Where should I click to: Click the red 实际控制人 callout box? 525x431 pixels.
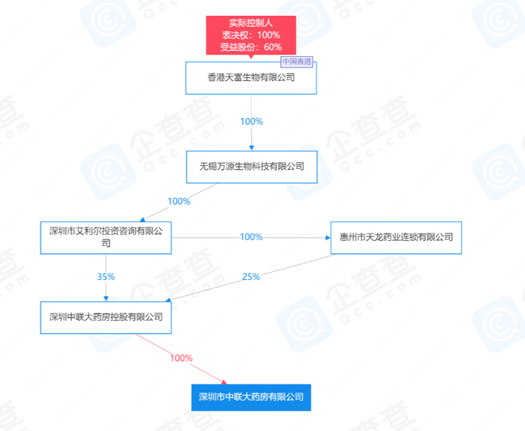pyautogui.click(x=250, y=35)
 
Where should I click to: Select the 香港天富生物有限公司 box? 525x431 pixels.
pyautogui.click(x=250, y=77)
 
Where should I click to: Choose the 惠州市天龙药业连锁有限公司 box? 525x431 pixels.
pyautogui.click(x=396, y=237)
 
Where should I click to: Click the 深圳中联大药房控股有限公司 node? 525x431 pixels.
pyautogui.click(x=106, y=317)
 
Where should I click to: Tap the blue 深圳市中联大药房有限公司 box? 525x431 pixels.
pyautogui.click(x=250, y=396)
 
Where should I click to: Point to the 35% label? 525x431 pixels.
pyautogui.click(x=106, y=277)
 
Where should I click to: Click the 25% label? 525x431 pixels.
pyautogui.click(x=251, y=277)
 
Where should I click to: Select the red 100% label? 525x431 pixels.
pyautogui.click(x=181, y=358)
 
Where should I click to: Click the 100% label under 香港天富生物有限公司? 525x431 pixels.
pyautogui.click(x=251, y=122)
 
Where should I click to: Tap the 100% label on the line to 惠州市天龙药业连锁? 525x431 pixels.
pyautogui.click(x=251, y=237)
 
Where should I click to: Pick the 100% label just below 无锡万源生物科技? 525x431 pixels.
pyautogui.click(x=179, y=201)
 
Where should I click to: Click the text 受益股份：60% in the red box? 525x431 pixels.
pyautogui.click(x=250, y=47)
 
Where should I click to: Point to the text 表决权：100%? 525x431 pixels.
pyautogui.click(x=250, y=35)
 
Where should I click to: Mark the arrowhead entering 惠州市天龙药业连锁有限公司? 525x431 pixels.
pyautogui.click(x=327, y=237)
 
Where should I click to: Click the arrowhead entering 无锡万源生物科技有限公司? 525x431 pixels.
pyautogui.click(x=251, y=148)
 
